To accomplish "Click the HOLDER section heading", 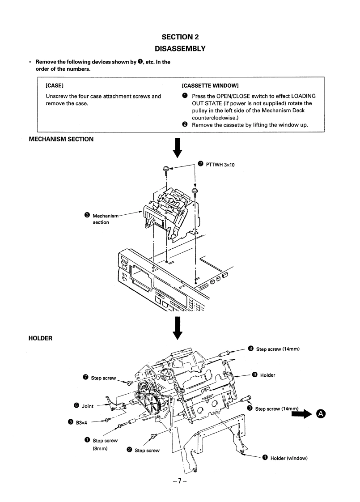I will [41, 338].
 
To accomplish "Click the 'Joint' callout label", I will [87, 406].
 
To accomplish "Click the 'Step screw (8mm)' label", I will [105, 444].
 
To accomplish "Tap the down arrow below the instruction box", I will [178, 148].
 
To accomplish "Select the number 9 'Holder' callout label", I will [267, 375].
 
